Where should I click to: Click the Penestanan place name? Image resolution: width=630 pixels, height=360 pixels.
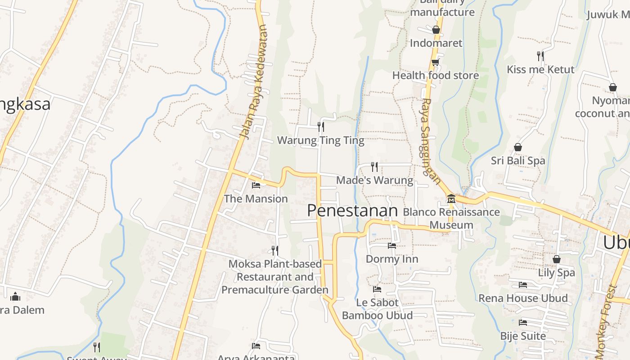(x=352, y=211)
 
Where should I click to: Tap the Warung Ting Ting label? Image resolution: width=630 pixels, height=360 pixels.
(x=320, y=140)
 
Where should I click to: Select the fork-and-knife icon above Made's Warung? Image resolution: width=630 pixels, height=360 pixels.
(x=374, y=167)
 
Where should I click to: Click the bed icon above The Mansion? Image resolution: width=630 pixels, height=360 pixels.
(x=256, y=185)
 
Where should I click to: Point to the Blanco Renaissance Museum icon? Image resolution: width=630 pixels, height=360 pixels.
(x=451, y=198)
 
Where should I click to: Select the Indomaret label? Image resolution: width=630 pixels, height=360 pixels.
(x=436, y=43)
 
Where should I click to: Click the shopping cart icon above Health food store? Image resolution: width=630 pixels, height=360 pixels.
(x=435, y=62)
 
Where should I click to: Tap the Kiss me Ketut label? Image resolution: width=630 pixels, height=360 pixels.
(x=540, y=69)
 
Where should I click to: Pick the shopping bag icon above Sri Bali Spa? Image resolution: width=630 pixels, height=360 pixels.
(x=518, y=147)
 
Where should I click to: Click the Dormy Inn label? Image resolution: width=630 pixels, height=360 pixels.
(x=392, y=259)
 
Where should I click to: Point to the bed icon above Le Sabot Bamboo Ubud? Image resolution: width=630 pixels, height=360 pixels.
(x=377, y=289)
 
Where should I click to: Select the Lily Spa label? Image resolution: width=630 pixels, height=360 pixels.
(x=556, y=272)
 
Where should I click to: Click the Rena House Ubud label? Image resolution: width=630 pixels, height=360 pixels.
(x=523, y=298)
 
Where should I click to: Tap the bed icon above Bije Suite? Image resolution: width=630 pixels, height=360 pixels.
(x=523, y=322)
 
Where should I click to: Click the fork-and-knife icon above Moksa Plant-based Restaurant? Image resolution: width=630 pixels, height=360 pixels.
(x=274, y=250)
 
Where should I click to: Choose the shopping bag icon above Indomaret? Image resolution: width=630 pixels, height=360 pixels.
(x=436, y=30)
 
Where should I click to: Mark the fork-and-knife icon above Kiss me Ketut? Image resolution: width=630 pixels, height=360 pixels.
(x=540, y=56)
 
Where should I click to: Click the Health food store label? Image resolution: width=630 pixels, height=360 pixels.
(x=435, y=75)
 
